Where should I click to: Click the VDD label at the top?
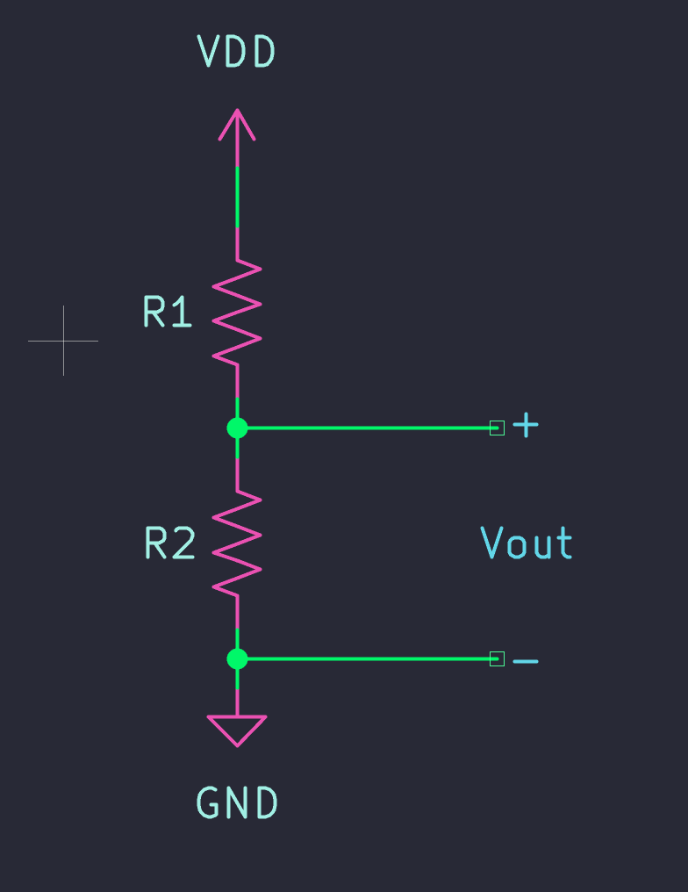tap(237, 53)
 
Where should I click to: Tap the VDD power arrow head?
tap(237, 124)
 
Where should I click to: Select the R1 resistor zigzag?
tap(237, 312)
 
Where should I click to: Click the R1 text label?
tap(168, 313)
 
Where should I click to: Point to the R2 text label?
tap(169, 544)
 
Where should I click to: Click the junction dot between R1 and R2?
tap(237, 428)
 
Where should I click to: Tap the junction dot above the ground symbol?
tap(237, 658)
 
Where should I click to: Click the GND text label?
tap(237, 803)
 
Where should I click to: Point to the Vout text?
tap(527, 543)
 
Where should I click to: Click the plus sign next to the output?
tap(526, 427)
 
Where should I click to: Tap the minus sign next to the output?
tap(526, 660)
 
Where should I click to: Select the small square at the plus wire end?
tap(497, 428)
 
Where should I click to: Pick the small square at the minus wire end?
tap(497, 658)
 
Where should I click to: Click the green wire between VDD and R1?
tap(237, 198)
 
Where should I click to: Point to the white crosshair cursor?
tap(63, 341)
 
